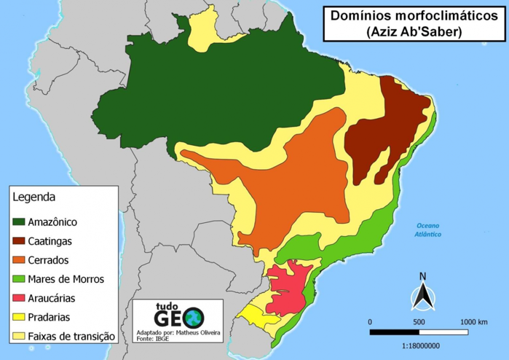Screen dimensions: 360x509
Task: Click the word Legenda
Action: click(x=34, y=197)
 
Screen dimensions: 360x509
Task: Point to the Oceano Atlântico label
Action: click(x=428, y=230)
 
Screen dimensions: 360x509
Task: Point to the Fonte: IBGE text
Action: click(x=151, y=339)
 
